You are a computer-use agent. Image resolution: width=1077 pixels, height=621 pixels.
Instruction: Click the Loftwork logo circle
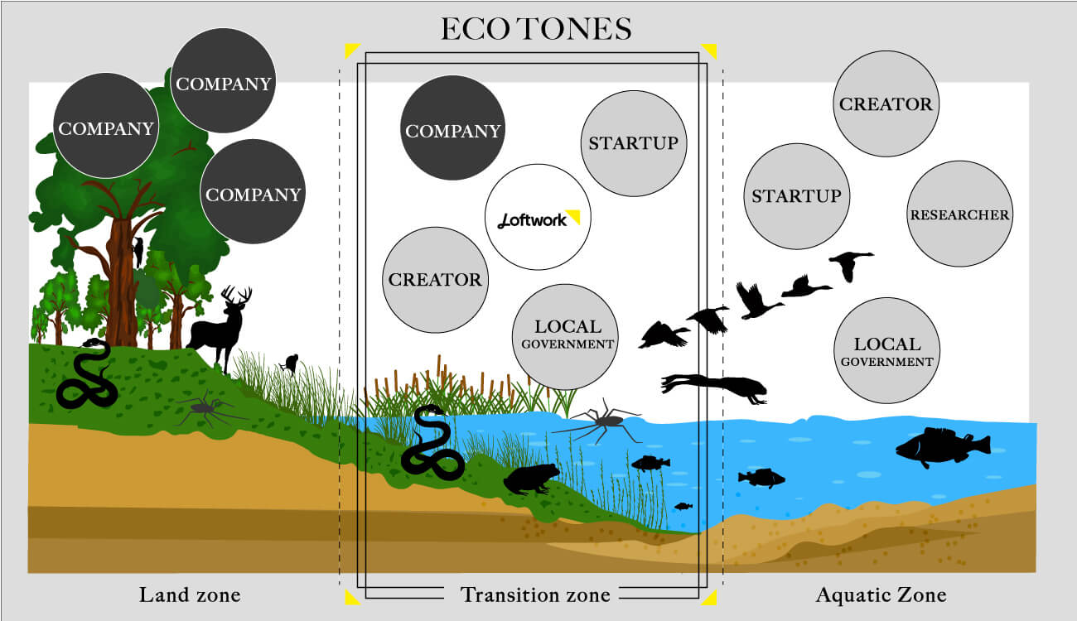point(537,217)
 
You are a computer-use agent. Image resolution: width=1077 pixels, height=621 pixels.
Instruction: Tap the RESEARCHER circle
point(960,214)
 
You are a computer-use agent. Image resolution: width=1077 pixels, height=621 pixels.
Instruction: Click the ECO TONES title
point(536,30)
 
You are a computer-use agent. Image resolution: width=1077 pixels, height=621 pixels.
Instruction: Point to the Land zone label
point(190,595)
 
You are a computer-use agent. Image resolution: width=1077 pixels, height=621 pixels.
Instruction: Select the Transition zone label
point(535,595)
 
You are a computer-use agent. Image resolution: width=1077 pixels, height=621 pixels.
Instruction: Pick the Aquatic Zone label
point(881,595)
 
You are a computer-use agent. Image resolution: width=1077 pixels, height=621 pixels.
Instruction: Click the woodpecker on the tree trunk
point(138,248)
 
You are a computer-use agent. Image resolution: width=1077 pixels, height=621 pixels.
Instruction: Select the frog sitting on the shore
point(529,479)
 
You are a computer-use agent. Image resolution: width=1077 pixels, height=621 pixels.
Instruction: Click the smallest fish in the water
point(683,506)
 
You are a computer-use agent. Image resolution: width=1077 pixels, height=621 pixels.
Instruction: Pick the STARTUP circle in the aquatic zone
point(796,196)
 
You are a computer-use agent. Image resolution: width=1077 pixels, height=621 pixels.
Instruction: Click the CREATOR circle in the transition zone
point(435,279)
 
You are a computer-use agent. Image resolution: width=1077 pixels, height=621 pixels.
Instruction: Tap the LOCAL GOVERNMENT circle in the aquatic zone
point(887,351)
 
